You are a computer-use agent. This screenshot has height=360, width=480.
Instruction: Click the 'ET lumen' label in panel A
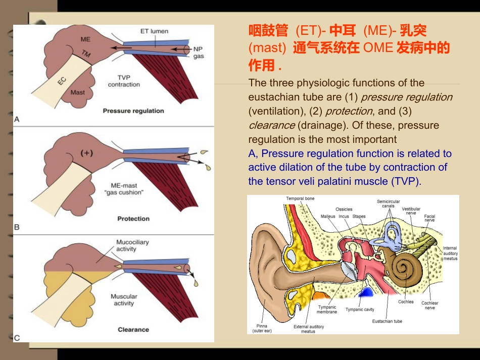pos(154,31)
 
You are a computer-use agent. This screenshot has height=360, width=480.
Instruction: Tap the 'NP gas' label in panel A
pos(199,53)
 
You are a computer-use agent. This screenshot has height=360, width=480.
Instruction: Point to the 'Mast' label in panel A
pos(77,92)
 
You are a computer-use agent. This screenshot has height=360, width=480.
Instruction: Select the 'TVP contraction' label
pos(124,81)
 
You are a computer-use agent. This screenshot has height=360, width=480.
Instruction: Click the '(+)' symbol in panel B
pos(86,153)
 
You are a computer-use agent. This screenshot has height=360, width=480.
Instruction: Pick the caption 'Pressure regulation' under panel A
pos(133,111)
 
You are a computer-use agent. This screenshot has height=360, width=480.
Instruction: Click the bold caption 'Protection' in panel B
pos(133,219)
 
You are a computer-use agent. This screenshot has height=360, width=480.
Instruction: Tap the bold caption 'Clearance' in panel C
pos(133,329)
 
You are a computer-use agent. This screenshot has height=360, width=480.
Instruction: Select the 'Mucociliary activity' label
pos(132,245)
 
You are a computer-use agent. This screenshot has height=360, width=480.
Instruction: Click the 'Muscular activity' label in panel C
pos(124,300)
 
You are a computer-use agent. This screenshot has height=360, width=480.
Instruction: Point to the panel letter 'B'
pos(17,227)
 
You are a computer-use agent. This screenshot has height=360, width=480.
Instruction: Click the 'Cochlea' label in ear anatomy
pos(406,302)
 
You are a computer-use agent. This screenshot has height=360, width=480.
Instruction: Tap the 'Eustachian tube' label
pos(387,321)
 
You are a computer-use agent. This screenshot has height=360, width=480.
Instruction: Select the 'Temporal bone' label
pos(300,198)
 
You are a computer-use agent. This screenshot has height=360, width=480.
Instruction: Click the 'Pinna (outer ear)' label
pos(262,328)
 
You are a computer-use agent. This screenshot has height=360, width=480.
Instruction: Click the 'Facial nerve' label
pos(429,218)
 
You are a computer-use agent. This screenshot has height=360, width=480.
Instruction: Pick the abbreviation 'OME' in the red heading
pos(378,48)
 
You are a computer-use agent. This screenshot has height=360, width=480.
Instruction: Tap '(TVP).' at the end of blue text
pos(406,181)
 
